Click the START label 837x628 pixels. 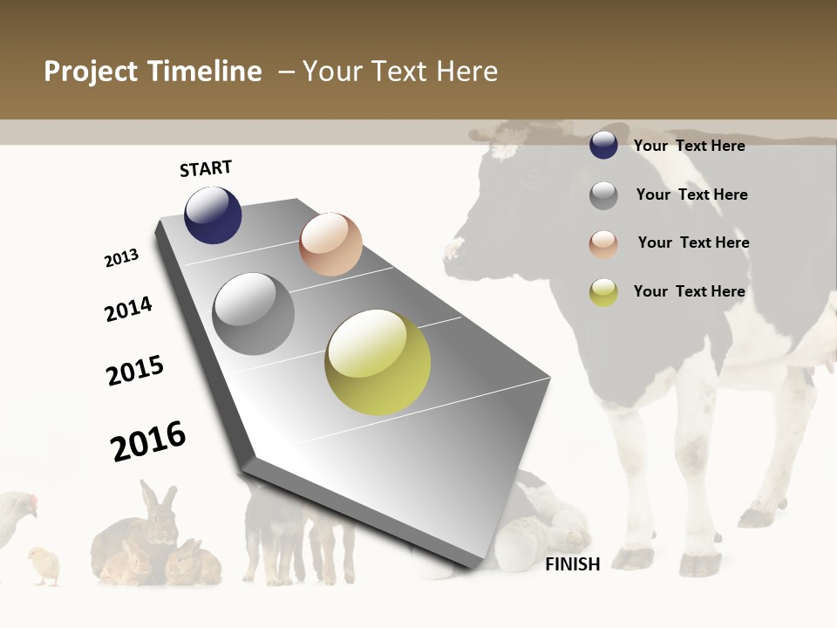(206, 168)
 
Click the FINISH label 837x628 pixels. (572, 564)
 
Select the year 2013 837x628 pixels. (121, 258)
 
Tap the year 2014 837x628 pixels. (128, 309)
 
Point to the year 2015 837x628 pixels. (135, 370)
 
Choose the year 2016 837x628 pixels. (148, 440)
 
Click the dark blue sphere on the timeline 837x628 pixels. (213, 215)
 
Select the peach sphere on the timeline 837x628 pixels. (330, 244)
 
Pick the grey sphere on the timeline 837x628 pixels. (254, 314)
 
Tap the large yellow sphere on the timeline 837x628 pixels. (378, 362)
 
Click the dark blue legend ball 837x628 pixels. (603, 145)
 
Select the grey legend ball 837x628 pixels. (603, 195)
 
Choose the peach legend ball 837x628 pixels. (603, 243)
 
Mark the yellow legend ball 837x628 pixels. (603, 292)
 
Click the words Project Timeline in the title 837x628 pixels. (153, 72)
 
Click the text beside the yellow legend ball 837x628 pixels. (689, 291)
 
